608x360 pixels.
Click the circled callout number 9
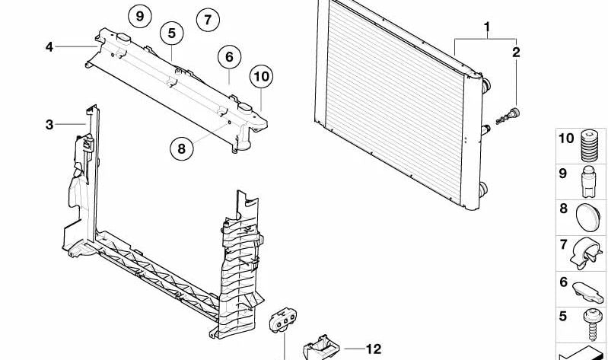tap(140, 16)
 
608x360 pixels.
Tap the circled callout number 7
tap(208, 20)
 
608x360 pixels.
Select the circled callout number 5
tap(172, 33)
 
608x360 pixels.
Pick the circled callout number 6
tap(229, 57)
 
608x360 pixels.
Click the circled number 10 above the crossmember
tap(261, 76)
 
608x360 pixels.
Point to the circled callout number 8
tap(181, 148)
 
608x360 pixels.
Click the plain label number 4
tap(49, 47)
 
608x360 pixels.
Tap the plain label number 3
tap(49, 125)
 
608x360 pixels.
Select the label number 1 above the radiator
tap(487, 27)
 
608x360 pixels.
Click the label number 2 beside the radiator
tap(516, 53)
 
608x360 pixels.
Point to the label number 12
tap(374, 349)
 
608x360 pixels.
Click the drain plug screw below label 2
tap(508, 116)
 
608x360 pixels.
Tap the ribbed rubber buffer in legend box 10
tap(590, 146)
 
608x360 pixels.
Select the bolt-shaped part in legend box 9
tap(589, 182)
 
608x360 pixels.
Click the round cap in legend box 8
tap(588, 218)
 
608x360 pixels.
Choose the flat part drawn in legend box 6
tap(587, 292)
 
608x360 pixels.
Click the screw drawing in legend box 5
tap(591, 325)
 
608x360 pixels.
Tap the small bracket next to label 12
tap(320, 347)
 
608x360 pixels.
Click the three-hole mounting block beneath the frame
tap(283, 320)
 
